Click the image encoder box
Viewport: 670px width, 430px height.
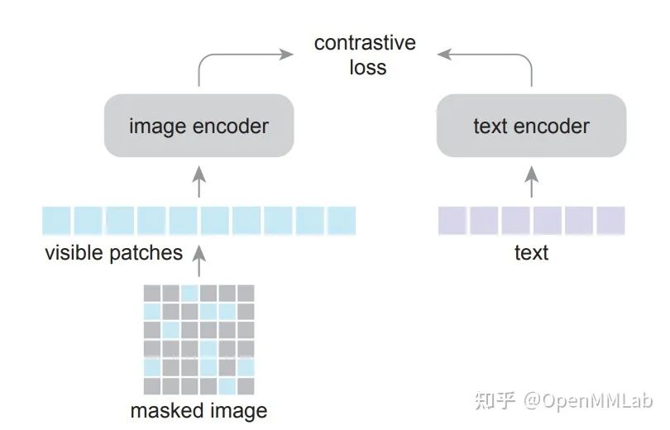[199, 126]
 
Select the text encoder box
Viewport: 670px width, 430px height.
[531, 126]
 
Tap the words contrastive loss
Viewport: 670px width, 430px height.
[365, 55]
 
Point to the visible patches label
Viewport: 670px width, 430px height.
[113, 252]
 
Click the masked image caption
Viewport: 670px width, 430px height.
[199, 410]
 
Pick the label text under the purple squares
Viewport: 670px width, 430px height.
[531, 252]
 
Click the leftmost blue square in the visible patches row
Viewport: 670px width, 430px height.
[57, 221]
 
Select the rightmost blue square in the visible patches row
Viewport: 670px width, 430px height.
[341, 221]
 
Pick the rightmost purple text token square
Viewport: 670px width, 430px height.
[610, 221]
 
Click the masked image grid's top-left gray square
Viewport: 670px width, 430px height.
[152, 294]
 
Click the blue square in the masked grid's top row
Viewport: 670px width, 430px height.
[189, 294]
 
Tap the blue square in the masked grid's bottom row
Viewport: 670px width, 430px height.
[227, 386]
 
